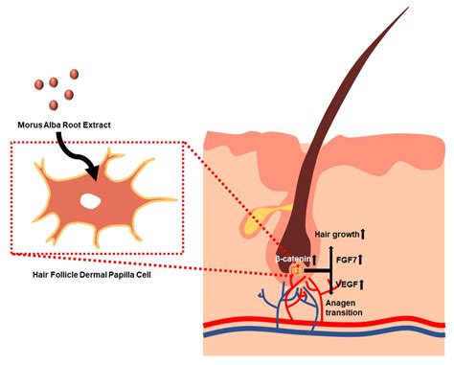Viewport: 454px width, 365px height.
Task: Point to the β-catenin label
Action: click(291, 259)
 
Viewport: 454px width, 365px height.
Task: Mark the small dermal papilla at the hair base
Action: click(298, 273)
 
